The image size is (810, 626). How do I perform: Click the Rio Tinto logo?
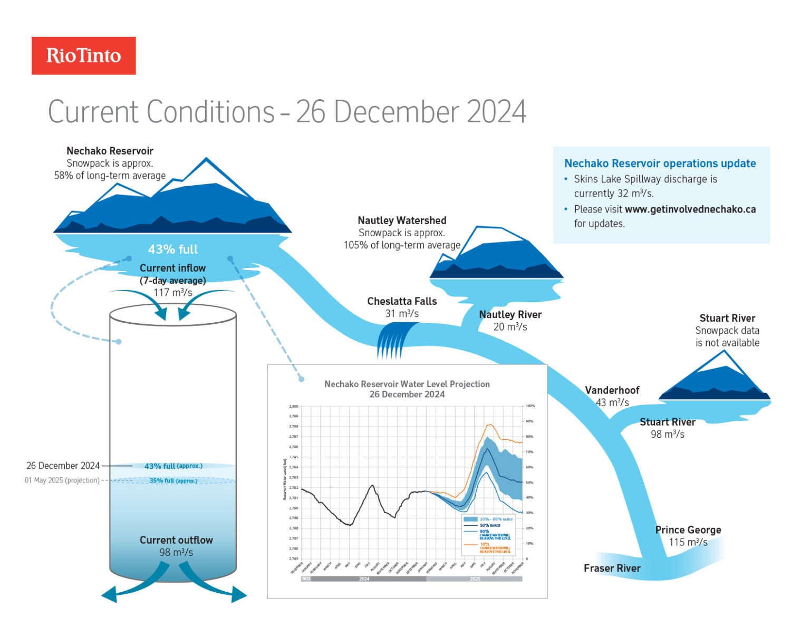click(x=83, y=55)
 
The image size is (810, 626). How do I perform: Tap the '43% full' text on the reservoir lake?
click(x=172, y=249)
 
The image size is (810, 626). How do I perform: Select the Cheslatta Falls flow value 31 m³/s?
click(x=402, y=314)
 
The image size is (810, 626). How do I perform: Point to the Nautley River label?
click(x=510, y=315)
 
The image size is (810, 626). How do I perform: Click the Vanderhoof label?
click(x=612, y=390)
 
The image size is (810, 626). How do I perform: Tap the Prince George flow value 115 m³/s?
click(x=688, y=542)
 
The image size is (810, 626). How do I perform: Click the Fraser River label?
click(x=612, y=568)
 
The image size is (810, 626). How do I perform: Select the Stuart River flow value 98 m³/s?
click(x=667, y=434)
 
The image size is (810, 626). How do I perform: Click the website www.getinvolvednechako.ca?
click(x=690, y=209)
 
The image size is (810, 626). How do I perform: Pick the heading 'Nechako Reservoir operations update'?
click(x=660, y=163)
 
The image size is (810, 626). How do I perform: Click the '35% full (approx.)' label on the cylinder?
click(x=173, y=480)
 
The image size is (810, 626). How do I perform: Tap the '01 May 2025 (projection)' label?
click(x=62, y=480)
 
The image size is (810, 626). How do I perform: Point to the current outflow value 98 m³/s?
click(x=176, y=552)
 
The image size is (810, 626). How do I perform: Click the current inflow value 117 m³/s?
click(x=172, y=292)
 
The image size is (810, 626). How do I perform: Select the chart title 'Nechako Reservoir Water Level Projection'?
click(x=407, y=384)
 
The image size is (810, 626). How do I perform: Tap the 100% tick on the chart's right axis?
click(x=530, y=406)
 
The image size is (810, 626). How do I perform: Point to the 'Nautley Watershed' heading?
click(x=402, y=220)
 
